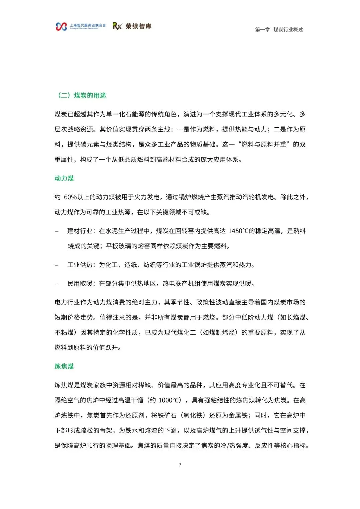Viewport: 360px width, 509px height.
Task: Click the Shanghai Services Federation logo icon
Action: coord(61,26)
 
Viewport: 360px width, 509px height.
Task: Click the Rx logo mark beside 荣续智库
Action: coord(117,26)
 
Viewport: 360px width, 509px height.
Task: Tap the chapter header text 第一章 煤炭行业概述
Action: coord(279,30)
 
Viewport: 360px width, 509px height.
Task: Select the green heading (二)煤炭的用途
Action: coord(82,95)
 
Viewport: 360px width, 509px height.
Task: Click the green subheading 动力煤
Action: coord(64,178)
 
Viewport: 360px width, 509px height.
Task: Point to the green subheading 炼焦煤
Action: coord(64,366)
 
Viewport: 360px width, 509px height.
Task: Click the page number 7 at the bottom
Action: coord(180,465)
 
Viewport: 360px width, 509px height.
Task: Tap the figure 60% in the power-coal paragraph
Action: coord(70,197)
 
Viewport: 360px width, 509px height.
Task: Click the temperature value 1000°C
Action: coord(170,400)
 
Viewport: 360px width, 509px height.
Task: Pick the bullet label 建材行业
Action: coord(80,231)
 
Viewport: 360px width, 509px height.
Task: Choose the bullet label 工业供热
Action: coord(80,265)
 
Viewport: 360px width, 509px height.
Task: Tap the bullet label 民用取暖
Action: coord(80,284)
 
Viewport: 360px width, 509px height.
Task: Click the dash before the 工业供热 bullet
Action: coord(57,265)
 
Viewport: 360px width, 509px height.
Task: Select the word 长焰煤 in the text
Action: coord(296,317)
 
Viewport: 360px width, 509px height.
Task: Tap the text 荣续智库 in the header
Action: coord(138,26)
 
